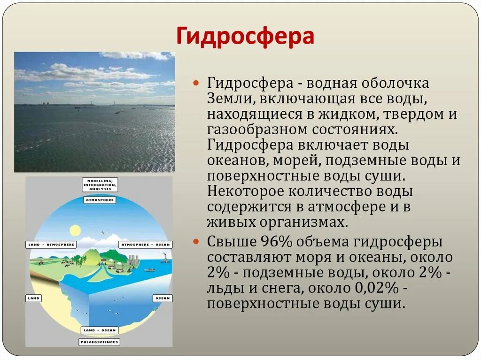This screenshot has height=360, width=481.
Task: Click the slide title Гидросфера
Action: (x=245, y=36)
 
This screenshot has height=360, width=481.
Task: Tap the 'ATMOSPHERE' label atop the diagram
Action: (x=100, y=200)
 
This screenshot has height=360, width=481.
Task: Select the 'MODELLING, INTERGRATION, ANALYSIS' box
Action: (x=100, y=185)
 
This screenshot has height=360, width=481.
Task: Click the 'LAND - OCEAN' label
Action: (x=100, y=330)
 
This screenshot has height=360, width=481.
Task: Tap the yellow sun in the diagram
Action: (x=75, y=230)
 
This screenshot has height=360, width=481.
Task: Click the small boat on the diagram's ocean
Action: (x=149, y=269)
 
